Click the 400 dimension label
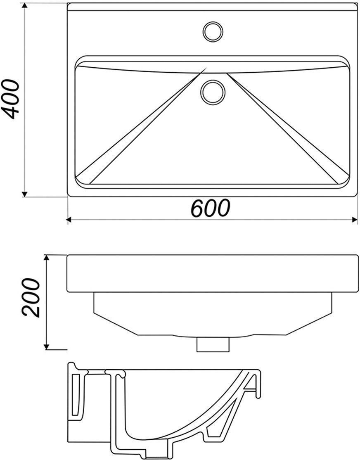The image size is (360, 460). (11, 99)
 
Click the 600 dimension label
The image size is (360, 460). (211, 208)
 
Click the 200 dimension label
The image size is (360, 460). (31, 297)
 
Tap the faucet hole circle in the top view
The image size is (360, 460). (213, 31)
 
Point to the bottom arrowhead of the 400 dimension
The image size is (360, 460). (25, 194)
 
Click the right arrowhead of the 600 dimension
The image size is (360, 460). (354, 219)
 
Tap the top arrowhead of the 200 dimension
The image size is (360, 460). (47, 258)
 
